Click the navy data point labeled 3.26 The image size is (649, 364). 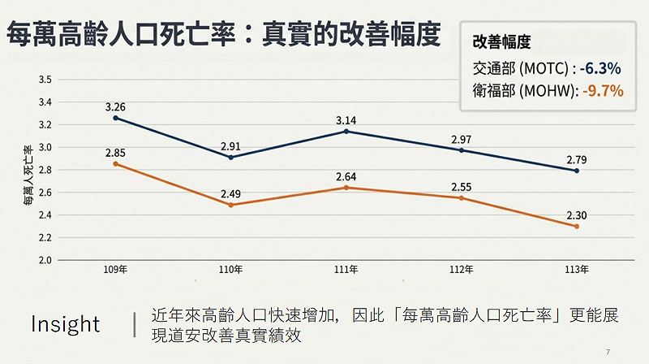115,118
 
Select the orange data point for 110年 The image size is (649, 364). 230,205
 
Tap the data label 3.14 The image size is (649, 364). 346,121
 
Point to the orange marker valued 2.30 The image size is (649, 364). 577,227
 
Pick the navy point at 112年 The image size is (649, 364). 462,150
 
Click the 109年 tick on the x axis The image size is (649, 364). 115,269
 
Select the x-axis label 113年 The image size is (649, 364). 577,269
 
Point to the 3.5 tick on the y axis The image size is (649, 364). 45,80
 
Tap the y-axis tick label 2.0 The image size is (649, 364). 45,261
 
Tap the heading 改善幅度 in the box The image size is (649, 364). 501,42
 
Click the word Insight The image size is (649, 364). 65,324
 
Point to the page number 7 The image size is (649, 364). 608,352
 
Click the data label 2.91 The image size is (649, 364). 230,147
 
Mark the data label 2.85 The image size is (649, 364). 115,154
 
